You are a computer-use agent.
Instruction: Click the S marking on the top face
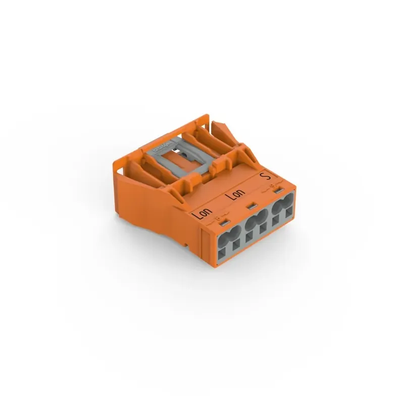coord(263,176)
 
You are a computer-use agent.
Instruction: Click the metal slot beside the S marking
coord(277,191)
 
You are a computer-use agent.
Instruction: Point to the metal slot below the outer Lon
coord(225,222)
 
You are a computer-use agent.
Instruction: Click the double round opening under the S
coord(281,207)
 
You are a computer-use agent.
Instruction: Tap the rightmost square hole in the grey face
coord(289,215)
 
